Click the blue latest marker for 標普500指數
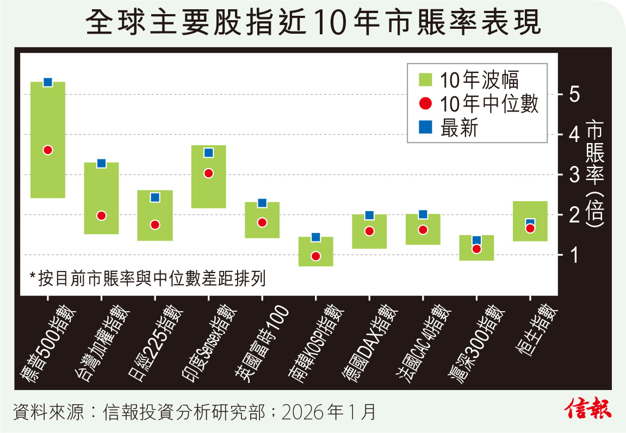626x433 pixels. [47, 82]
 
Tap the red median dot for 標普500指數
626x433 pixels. [47, 150]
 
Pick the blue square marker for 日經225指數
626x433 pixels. [155, 197]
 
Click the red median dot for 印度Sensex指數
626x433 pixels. [208, 174]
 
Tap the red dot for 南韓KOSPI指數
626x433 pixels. [315, 256]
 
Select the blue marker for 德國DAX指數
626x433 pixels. [369, 215]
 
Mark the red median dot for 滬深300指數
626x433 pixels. [476, 249]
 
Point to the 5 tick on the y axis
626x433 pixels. [574, 94]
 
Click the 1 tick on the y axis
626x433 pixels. [574, 255]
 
